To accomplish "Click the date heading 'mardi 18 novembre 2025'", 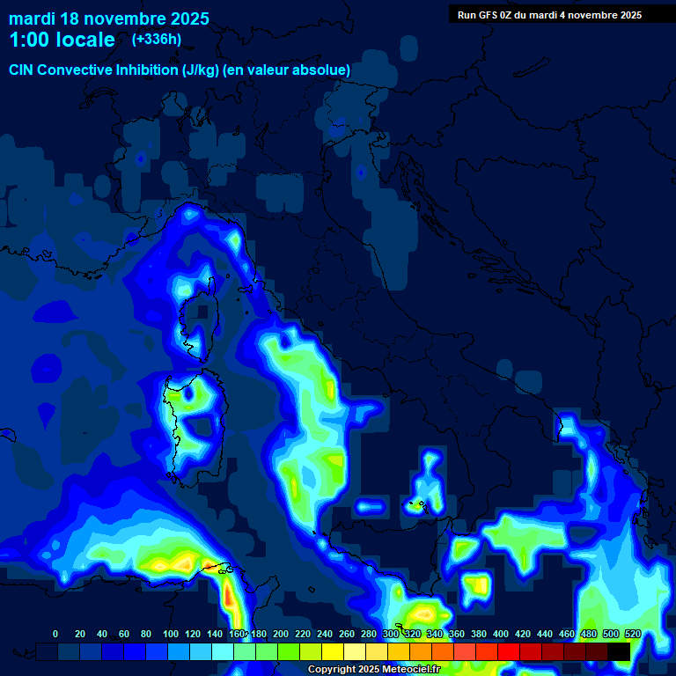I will click(109, 18).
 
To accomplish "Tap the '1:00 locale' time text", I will click(62, 40).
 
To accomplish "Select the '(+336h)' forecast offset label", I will click(157, 40).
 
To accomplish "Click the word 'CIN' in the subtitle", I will click(23, 70).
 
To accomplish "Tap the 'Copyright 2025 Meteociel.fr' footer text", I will click(373, 669).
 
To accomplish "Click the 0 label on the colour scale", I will click(55, 634).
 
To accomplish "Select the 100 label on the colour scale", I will click(171, 634).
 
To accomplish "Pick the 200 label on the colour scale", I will click(281, 634).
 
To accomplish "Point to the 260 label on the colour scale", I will click(347, 634).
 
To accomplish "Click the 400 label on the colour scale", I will click(501, 634).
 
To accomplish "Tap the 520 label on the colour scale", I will click(633, 634).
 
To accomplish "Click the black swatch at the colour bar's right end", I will click(619, 651).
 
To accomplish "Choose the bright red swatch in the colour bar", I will click(509, 651).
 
